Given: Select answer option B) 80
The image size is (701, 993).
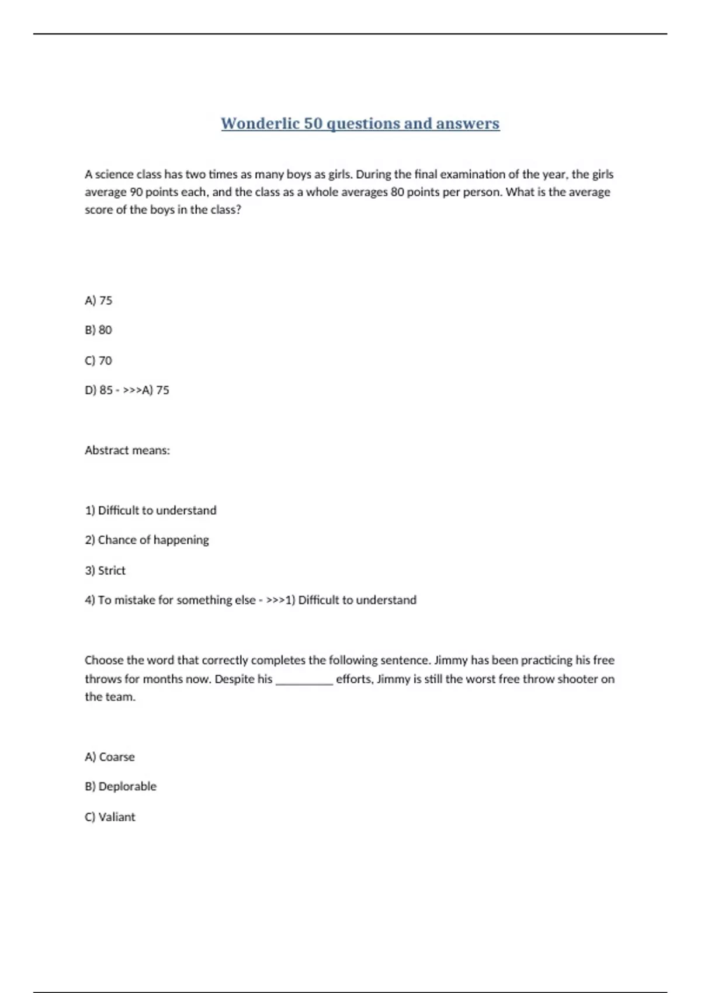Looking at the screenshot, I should click(x=98, y=330).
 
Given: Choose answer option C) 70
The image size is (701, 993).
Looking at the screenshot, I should click(x=98, y=360).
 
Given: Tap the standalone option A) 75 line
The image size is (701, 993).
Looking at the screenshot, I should click(x=98, y=300).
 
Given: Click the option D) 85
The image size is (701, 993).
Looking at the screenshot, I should click(x=99, y=390).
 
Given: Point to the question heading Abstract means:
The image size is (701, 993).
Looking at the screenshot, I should click(x=127, y=450).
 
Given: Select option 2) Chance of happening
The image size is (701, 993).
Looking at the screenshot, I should click(x=147, y=540).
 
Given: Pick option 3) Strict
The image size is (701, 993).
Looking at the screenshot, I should click(x=105, y=571).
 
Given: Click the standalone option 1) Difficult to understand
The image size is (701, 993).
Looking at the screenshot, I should click(x=151, y=511).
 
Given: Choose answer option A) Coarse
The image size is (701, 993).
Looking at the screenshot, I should click(x=110, y=757).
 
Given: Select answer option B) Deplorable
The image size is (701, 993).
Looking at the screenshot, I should click(x=120, y=787).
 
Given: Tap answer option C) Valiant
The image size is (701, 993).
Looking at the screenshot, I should click(x=110, y=817).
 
